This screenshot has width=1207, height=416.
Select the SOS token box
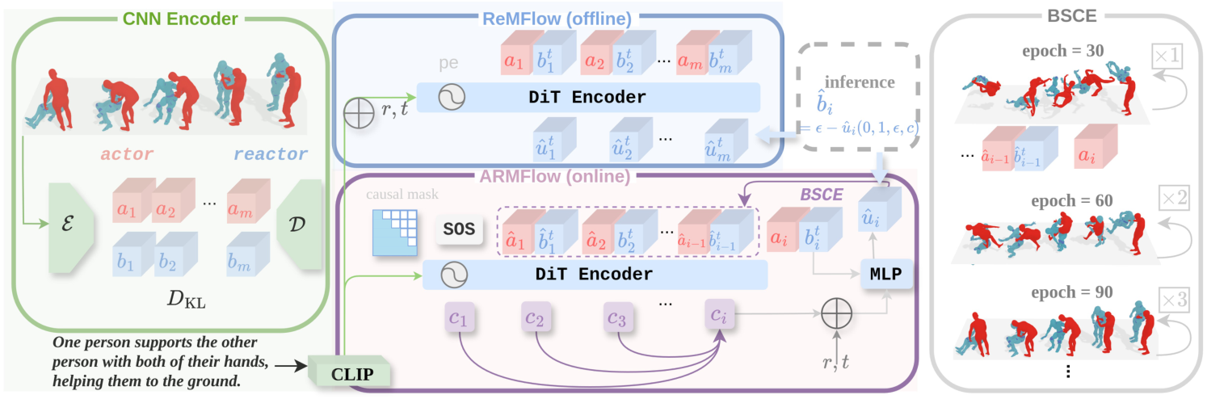click(x=456, y=231)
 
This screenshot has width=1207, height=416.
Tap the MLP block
click(x=886, y=275)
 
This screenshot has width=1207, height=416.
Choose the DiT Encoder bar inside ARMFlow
click(x=594, y=275)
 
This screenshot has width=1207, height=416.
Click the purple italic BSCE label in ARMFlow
click(x=822, y=193)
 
